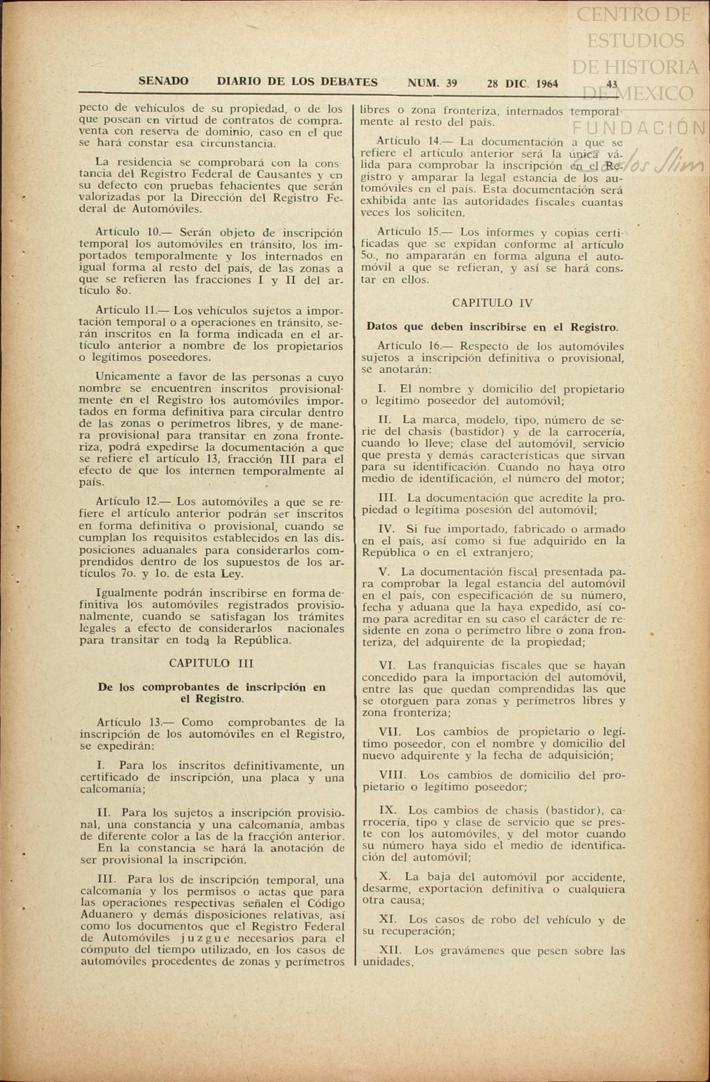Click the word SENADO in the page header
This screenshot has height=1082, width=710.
[163, 82]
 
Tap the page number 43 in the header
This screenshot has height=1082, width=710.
[612, 84]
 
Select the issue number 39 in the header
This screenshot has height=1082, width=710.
[451, 83]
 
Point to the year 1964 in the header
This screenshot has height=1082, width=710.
[547, 84]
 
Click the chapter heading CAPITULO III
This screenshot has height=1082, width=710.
[211, 663]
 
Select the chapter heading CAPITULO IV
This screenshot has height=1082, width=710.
[492, 303]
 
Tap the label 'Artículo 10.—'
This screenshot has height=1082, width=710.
[132, 233]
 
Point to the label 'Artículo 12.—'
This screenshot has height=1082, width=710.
[132, 502]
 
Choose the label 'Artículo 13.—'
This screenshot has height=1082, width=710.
[133, 722]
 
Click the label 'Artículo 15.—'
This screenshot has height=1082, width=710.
[414, 232]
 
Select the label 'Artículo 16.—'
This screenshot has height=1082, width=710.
[414, 346]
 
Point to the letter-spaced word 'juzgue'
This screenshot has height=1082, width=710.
[208, 938]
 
